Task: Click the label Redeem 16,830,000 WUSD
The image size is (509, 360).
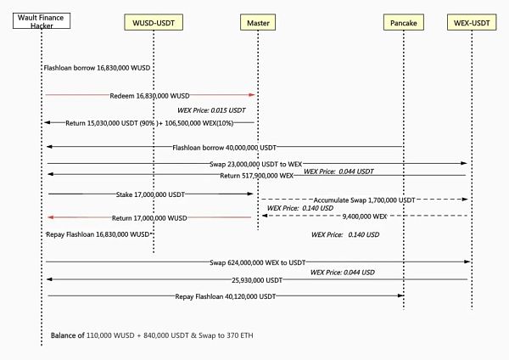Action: (x=149, y=96)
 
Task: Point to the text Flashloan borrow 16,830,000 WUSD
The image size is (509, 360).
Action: (x=98, y=66)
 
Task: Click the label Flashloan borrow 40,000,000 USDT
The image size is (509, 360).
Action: (x=224, y=148)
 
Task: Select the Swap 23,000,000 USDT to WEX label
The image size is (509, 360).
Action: (x=253, y=163)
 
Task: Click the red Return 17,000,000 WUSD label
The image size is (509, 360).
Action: (x=149, y=218)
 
